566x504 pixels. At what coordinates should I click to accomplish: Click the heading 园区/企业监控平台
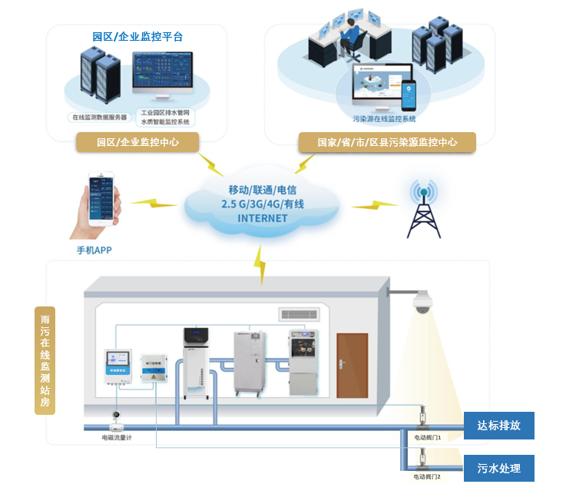137,36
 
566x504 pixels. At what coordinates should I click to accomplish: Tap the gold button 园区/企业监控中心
137,142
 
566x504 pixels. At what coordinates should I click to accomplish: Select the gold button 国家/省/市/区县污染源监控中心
387,142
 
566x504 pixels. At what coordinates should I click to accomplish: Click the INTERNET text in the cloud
263,218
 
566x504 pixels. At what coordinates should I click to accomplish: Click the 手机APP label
95,250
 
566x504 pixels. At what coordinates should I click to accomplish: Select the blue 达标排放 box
498,426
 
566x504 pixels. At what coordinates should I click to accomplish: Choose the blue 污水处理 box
498,468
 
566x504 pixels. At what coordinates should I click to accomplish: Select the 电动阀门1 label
427,437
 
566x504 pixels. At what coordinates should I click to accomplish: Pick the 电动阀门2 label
427,477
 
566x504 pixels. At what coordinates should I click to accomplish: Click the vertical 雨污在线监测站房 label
45,360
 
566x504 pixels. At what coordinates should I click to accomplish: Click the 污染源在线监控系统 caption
384,119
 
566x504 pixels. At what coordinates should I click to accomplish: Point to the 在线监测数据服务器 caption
99,118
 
